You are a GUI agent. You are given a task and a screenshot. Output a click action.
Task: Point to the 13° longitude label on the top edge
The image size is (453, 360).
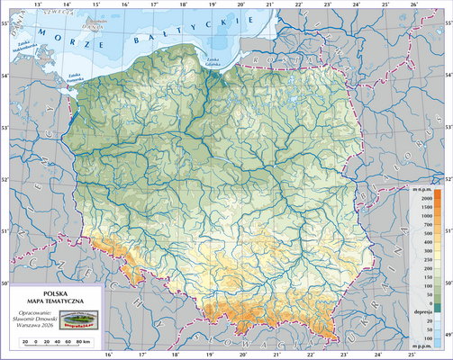38,5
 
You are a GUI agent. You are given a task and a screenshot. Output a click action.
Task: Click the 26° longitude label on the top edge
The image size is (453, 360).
414,5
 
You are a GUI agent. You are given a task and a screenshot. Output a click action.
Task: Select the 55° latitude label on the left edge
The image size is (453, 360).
5,21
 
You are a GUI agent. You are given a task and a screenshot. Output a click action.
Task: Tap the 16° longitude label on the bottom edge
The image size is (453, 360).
110,355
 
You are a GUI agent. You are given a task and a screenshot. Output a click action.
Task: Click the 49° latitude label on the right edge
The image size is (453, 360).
448,335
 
